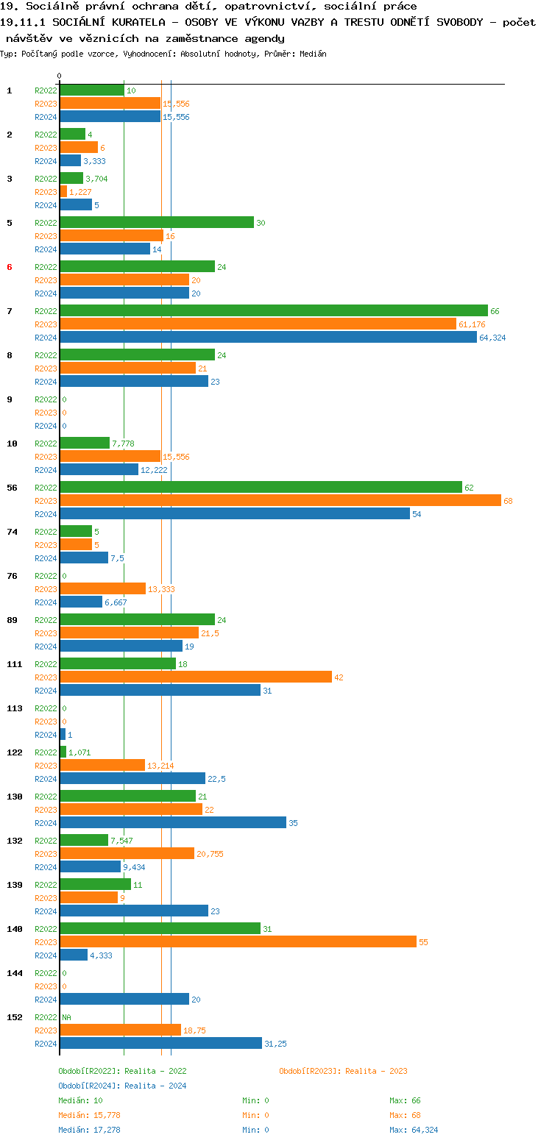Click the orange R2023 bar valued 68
tap(280, 501)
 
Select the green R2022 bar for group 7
tap(273, 311)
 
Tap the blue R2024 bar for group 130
tap(172, 823)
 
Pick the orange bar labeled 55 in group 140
tap(238, 942)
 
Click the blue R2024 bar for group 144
tap(124, 1000)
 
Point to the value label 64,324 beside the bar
tap(492, 338)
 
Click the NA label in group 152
tap(66, 1017)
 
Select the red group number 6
tap(10, 267)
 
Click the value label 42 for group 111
tap(339, 677)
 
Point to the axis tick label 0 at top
tap(60, 76)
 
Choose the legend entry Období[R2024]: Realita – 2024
tap(122, 1086)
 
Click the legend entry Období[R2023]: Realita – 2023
tap(343, 1071)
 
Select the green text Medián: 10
tap(80, 1100)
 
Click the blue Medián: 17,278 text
tap(89, 1130)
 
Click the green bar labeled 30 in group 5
tap(157, 223)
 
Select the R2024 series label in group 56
tap(46, 514)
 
